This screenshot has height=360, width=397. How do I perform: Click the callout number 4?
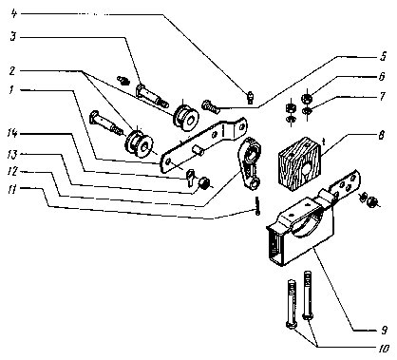13,14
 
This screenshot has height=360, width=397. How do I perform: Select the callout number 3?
13,37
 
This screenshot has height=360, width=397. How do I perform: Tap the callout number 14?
12,134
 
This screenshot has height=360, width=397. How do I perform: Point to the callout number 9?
384,331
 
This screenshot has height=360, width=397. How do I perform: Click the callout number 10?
383,349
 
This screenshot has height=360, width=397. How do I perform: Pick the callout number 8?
382,136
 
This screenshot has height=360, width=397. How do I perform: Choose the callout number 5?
384,57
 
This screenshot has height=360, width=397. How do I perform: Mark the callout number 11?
11,191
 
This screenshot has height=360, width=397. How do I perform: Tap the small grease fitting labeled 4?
251,97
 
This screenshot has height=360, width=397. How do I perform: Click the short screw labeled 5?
210,106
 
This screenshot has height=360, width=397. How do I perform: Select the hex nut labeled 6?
307,98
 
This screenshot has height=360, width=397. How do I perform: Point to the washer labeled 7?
307,110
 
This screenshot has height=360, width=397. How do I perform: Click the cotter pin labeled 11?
257,206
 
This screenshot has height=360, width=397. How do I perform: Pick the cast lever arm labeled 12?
251,162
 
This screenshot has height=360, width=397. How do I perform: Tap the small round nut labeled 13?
203,182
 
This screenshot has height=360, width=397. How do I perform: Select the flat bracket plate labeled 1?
204,144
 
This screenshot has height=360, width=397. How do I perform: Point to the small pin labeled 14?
190,178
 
